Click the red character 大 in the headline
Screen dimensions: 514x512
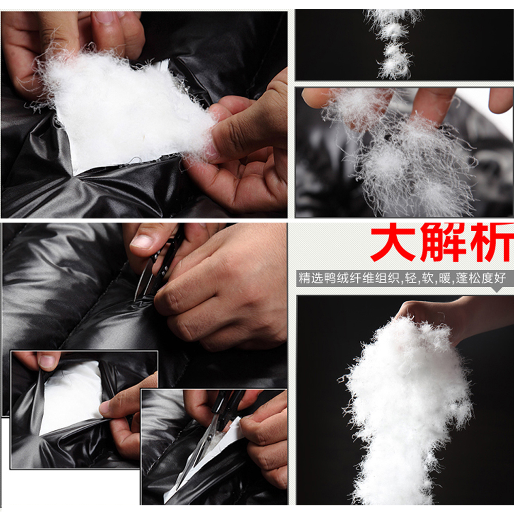pyautogui.click(x=393, y=242)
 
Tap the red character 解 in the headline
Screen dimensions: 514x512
pyautogui.click(x=443, y=242)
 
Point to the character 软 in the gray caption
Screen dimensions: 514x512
pyautogui.click(x=428, y=278)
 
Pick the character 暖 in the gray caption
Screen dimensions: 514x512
pyautogui.click(x=445, y=278)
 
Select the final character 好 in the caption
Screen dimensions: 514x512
pyautogui.click(x=500, y=278)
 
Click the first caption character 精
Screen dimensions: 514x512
pyautogui.click(x=304, y=278)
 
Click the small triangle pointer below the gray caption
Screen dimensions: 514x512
pyautogui.click(x=497, y=289)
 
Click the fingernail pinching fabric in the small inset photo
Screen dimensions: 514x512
pyautogui.click(x=47, y=361)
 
